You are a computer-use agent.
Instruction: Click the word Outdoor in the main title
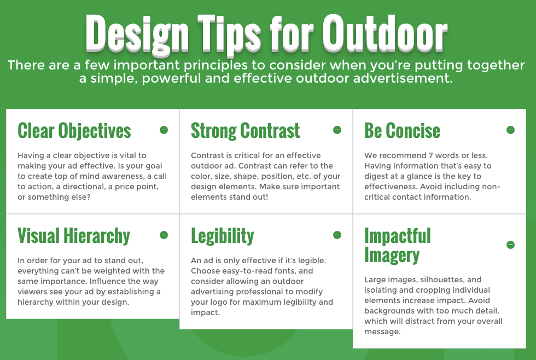[385, 34]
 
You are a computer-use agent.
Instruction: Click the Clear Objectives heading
[74, 131]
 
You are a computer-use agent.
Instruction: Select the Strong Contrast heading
[246, 131]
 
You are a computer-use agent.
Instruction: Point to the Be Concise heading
[402, 131]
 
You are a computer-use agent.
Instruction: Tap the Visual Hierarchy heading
[74, 236]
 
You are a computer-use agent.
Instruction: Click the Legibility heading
[223, 236]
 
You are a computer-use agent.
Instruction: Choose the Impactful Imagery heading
[398, 246]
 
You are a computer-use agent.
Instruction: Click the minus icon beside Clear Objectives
[164, 130]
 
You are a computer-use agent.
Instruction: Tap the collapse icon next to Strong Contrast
[337, 130]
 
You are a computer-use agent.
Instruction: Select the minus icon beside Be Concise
[510, 130]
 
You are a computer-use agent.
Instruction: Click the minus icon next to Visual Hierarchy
[164, 235]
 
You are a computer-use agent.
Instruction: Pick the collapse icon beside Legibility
[337, 235]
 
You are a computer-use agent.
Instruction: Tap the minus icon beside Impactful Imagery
[510, 245]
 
